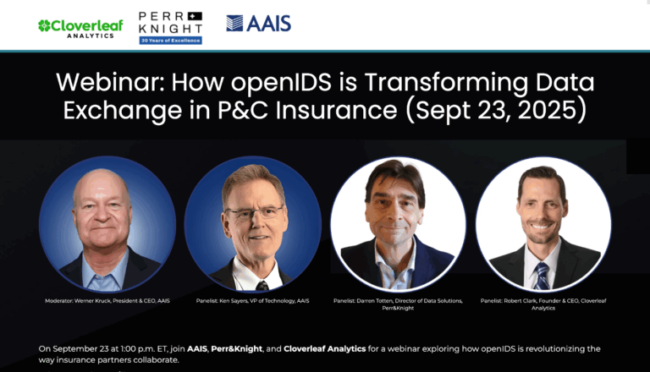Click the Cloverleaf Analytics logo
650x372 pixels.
point(80,29)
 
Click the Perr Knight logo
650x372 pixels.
point(170,28)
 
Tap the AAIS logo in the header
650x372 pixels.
point(259,24)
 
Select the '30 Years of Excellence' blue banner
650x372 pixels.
point(170,41)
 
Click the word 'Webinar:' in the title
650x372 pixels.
point(110,82)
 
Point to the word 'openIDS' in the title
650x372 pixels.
point(281,83)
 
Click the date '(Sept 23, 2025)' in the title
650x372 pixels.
point(496,111)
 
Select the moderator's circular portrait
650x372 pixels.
point(107,224)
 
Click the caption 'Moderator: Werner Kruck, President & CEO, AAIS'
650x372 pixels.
point(107,301)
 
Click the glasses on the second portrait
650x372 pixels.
point(254,213)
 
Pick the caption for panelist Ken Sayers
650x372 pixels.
point(252,301)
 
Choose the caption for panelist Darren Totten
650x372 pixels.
point(398,304)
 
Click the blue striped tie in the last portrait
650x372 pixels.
point(542,276)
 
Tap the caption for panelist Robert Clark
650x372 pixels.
point(543,304)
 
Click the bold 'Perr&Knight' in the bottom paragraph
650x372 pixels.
point(237,349)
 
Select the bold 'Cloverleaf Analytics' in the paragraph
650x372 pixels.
point(325,349)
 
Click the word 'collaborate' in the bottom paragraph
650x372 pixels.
point(152,360)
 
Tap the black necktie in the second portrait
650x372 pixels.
point(262,286)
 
